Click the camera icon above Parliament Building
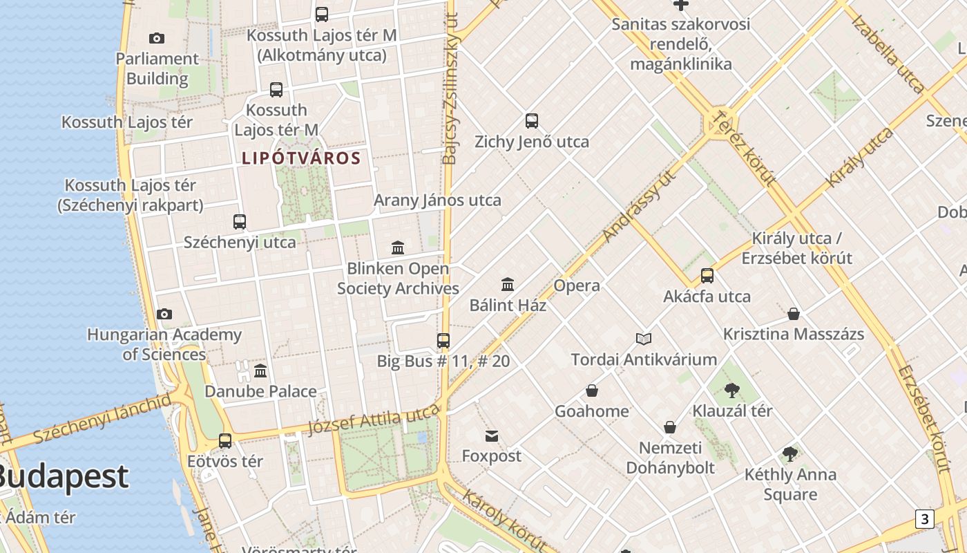tap(157, 38)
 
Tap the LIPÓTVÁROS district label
tap(301, 158)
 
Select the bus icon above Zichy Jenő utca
tap(531, 121)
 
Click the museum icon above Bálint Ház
tap(508, 284)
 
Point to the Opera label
tap(577, 285)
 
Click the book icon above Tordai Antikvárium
tap(644, 339)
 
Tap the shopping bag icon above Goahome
tap(592, 391)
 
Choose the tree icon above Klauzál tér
tap(732, 391)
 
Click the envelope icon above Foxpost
tap(492, 435)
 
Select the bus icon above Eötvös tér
tap(225, 440)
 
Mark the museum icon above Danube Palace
tap(260, 371)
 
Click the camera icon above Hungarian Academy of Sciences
tap(164, 315)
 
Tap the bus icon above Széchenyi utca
tap(240, 222)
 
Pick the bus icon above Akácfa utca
tap(707, 276)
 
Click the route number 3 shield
tap(924, 518)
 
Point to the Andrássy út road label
tap(638, 205)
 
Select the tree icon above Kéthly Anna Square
tap(790, 454)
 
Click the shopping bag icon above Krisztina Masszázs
tap(794, 314)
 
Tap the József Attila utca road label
tap(373, 420)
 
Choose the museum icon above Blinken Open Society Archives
tap(398, 247)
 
